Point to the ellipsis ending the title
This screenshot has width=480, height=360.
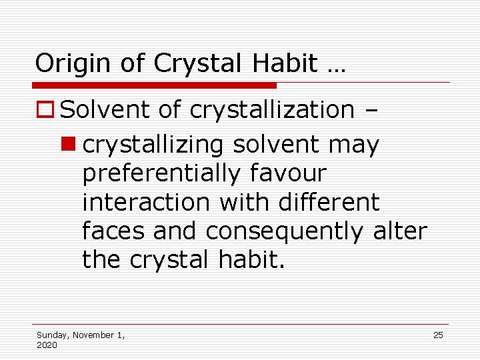pos(333,67)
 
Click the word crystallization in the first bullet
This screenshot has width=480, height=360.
pos(272,110)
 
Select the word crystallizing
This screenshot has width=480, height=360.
pos(148,145)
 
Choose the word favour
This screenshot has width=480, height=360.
pos(288,173)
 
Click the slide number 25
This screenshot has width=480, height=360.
pos(438,335)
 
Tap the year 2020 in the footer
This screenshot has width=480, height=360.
pos(47,345)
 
